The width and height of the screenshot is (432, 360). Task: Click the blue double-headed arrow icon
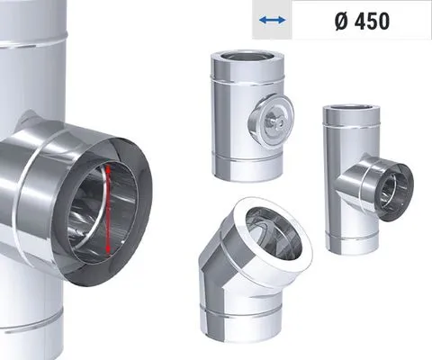click(272, 20)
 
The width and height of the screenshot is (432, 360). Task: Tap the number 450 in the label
click(372, 22)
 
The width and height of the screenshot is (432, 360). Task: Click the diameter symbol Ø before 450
click(342, 22)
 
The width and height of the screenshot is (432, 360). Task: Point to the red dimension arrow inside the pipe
click(109, 210)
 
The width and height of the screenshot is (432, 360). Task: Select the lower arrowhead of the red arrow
click(109, 250)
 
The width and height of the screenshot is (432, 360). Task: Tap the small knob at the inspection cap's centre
click(274, 121)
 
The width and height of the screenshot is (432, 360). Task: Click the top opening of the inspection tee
click(247, 57)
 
